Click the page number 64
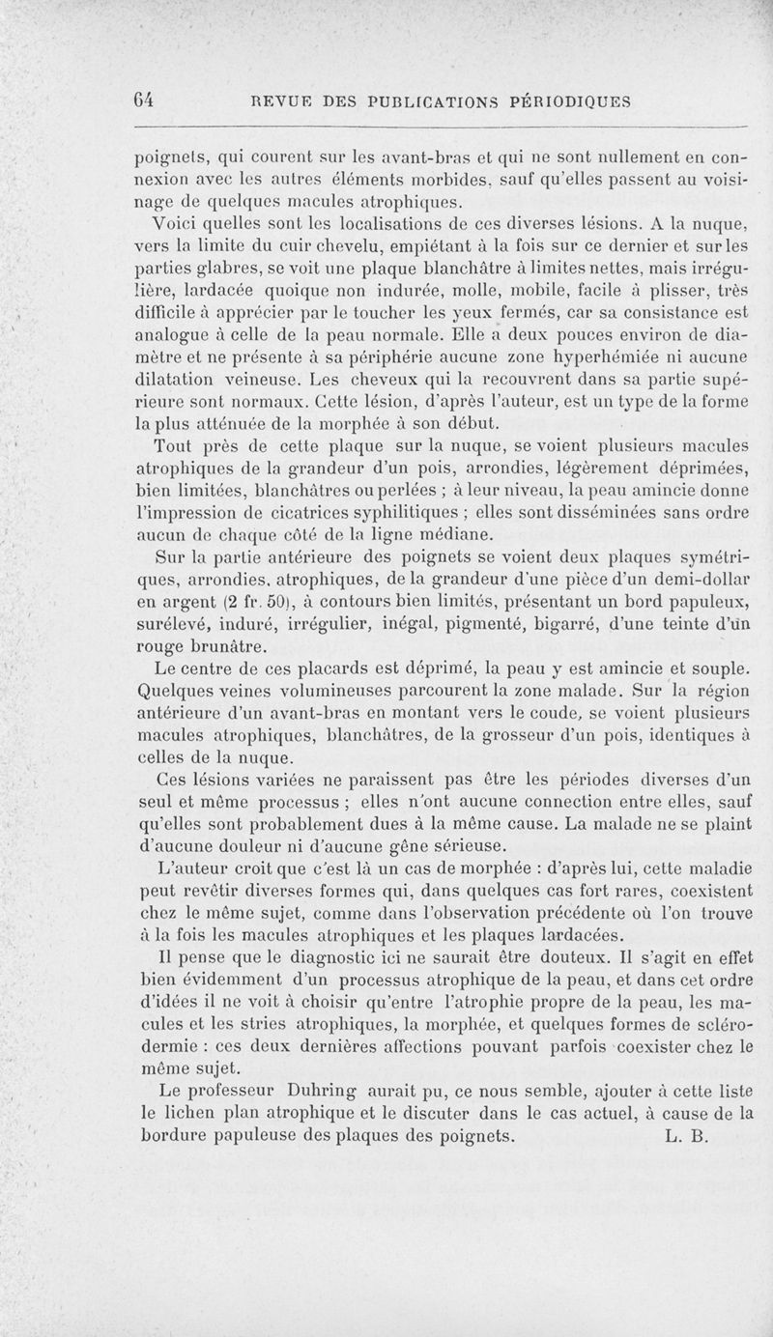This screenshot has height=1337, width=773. (x=147, y=99)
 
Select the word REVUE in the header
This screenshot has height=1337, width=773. (x=280, y=100)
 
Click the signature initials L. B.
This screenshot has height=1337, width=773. (x=688, y=1137)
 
